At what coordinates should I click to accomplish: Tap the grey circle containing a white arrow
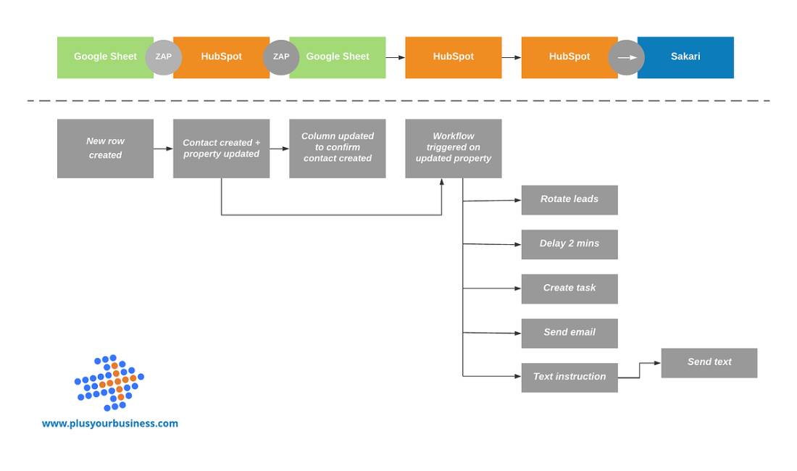626,57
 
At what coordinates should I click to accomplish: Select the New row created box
105,149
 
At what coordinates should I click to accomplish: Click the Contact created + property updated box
221,149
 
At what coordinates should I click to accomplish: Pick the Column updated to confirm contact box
337,149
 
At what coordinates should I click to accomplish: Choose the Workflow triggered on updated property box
453,149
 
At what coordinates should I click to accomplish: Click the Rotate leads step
569,200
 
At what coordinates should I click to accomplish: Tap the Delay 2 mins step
569,244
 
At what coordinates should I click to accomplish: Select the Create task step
569,288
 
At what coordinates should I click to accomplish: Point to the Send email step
569,333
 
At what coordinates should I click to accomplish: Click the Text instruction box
569,378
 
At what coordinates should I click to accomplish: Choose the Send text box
709,362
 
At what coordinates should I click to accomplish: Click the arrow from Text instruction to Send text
640,370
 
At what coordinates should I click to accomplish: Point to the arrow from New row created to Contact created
163,149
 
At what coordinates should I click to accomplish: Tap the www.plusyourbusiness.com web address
109,424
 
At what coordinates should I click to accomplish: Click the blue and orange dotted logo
109,383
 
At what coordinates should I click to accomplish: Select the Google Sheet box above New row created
105,57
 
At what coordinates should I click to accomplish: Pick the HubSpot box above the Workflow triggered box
453,57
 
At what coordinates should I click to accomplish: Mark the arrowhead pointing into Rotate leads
517,200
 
